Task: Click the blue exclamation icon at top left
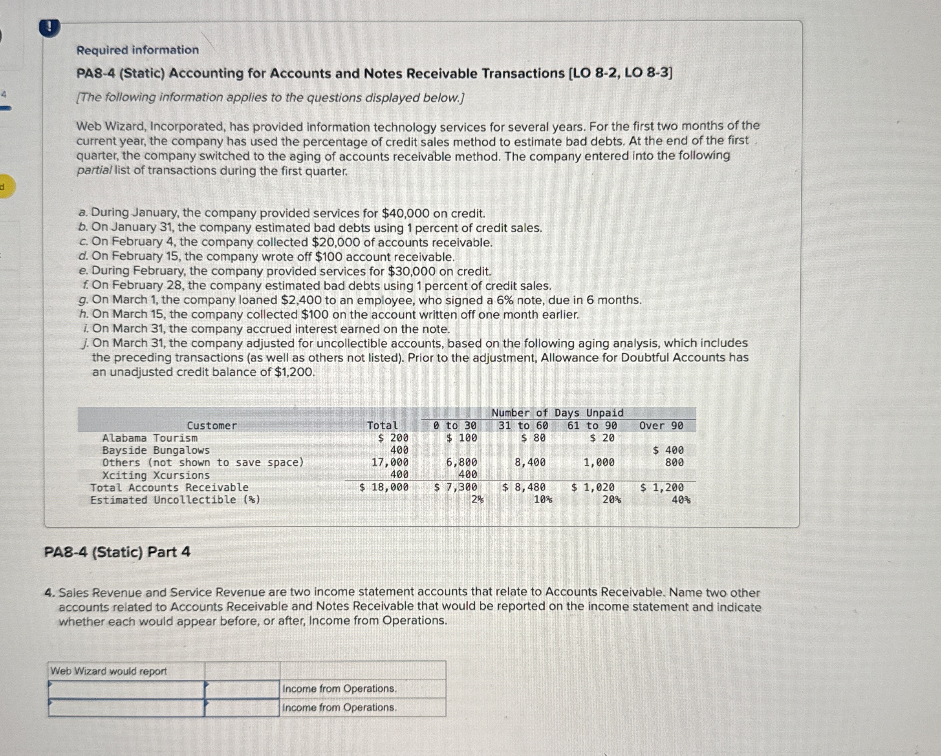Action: point(49,28)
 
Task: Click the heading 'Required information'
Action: point(137,50)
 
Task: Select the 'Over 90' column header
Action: point(661,425)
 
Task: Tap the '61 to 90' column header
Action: point(592,425)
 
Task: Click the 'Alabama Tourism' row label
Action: point(150,438)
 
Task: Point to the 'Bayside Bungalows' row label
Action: point(156,450)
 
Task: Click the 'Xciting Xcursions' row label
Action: point(156,475)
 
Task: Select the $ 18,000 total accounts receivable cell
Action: point(384,487)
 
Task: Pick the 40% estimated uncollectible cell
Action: point(681,500)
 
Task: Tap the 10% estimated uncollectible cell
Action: point(542,500)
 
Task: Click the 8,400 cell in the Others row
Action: point(530,462)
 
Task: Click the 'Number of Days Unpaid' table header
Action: point(557,413)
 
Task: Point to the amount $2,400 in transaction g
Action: point(301,300)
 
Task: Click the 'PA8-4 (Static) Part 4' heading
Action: point(117,552)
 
